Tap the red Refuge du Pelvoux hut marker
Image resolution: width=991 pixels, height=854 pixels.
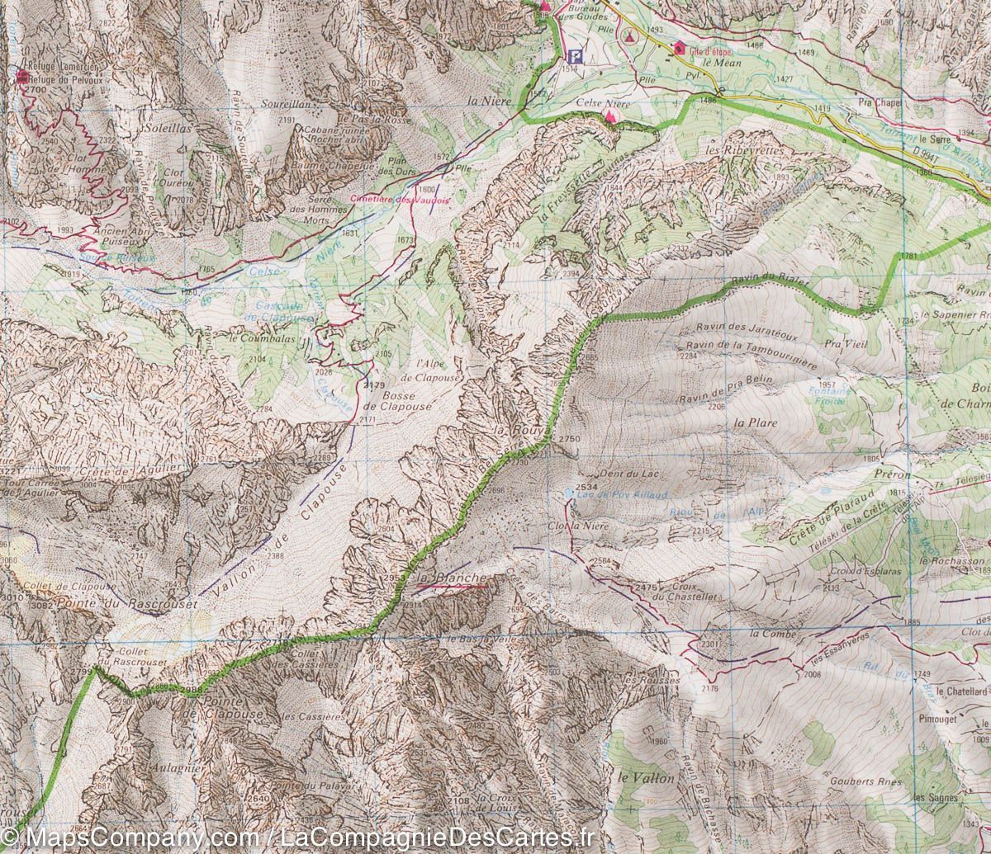21,77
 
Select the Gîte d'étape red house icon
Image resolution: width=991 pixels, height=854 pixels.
679,47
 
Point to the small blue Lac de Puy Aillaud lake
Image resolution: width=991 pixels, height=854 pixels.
568,493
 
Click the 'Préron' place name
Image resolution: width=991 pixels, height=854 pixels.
889,475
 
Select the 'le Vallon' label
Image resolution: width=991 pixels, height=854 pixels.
641,777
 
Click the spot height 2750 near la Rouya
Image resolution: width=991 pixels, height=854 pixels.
570,439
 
